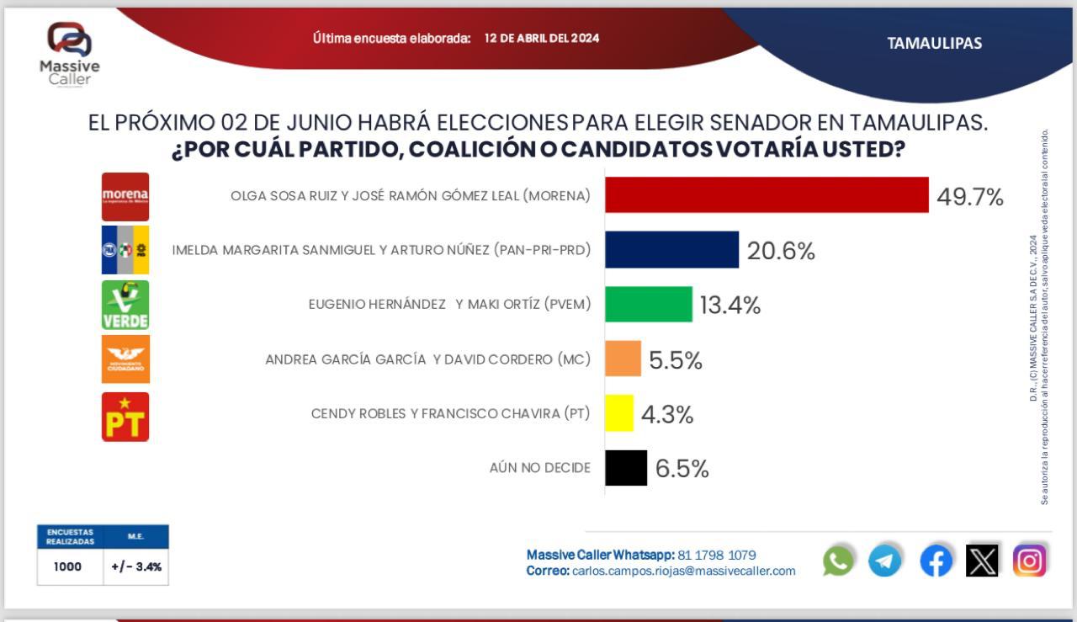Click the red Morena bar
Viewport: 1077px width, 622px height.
click(767, 195)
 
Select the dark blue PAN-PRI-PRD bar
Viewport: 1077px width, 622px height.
click(671, 250)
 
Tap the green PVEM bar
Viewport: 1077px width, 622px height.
click(649, 304)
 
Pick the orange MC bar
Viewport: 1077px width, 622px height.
click(623, 359)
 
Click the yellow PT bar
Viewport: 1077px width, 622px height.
click(619, 413)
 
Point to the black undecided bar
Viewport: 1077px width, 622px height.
click(626, 468)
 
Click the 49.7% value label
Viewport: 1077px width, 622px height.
click(970, 198)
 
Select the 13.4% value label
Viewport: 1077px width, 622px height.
click(730, 306)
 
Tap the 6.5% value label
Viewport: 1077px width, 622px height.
click(682, 469)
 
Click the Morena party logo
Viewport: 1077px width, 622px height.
click(125, 197)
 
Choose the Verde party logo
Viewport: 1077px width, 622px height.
click(125, 305)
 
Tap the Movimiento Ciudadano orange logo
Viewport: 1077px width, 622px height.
click(125, 359)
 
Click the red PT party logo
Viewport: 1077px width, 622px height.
click(125, 417)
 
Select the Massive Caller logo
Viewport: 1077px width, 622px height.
click(70, 52)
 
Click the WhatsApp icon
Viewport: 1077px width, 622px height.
click(838, 561)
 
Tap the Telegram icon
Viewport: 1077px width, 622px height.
click(885, 561)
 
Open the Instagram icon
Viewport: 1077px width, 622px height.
click(1029, 561)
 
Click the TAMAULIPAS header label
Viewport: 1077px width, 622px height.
click(934, 44)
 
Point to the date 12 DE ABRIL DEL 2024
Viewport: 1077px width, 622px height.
click(542, 39)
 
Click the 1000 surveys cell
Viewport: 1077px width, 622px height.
click(67, 566)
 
